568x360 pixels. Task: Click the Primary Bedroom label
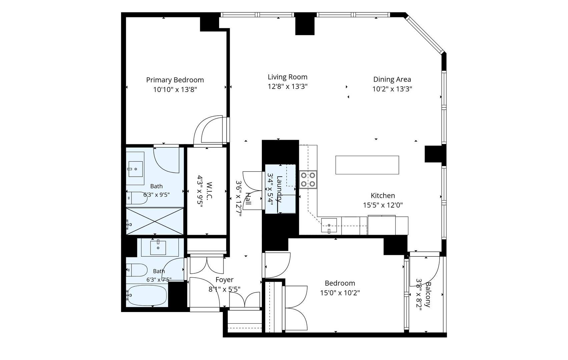pyautogui.click(x=175, y=80)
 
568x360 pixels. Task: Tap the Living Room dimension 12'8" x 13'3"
pyautogui.click(x=288, y=87)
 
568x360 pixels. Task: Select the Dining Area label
pyautogui.click(x=392, y=80)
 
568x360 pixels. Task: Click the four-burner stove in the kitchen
pyautogui.click(x=308, y=179)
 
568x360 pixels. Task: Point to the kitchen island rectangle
pyautogui.click(x=367, y=165)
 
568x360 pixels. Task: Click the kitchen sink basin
pyautogui.click(x=329, y=225)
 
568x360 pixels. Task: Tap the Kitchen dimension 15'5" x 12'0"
pyautogui.click(x=383, y=205)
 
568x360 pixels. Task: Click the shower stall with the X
pyautogui.click(x=155, y=221)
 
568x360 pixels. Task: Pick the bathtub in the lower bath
pyautogui.click(x=147, y=295)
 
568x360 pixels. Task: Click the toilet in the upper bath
pyautogui.click(x=137, y=198)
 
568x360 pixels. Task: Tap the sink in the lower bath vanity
pyautogui.click(x=158, y=248)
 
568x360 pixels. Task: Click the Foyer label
pyautogui.click(x=224, y=280)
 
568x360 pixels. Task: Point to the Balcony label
pyautogui.click(x=428, y=295)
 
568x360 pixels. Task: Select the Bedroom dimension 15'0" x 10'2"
pyautogui.click(x=340, y=293)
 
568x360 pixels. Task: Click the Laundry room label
pyautogui.click(x=279, y=189)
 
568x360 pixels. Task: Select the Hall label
pyautogui.click(x=248, y=199)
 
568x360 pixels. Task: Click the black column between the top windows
pyautogui.click(x=305, y=24)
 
